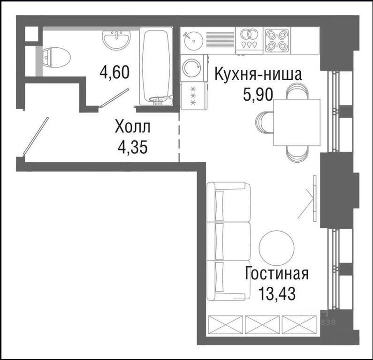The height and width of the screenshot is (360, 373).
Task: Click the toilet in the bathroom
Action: (57, 58)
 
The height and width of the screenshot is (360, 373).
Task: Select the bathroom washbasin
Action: (116, 40)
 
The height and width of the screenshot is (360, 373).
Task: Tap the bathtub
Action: (156, 66)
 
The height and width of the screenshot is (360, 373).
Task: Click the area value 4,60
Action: (114, 72)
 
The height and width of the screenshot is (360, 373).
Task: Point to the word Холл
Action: (132, 127)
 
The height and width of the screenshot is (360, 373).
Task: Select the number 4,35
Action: (132, 147)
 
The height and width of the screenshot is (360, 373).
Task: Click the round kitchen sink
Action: (194, 41)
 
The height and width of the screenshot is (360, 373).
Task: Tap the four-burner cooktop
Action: (277, 41)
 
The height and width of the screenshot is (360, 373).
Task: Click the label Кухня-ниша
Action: (258, 74)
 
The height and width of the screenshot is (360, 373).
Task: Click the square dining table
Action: (297, 122)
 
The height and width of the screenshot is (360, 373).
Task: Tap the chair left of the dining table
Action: (265, 123)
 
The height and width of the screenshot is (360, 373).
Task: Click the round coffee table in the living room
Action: (276, 248)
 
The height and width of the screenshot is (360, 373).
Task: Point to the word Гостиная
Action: (277, 273)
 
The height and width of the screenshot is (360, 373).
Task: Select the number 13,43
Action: (277, 294)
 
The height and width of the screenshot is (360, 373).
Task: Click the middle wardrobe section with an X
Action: (262, 324)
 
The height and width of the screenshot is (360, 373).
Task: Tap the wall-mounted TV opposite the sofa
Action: (314, 198)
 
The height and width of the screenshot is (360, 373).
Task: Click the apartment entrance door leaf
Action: (36, 136)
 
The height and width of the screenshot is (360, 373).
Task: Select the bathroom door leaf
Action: (114, 97)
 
